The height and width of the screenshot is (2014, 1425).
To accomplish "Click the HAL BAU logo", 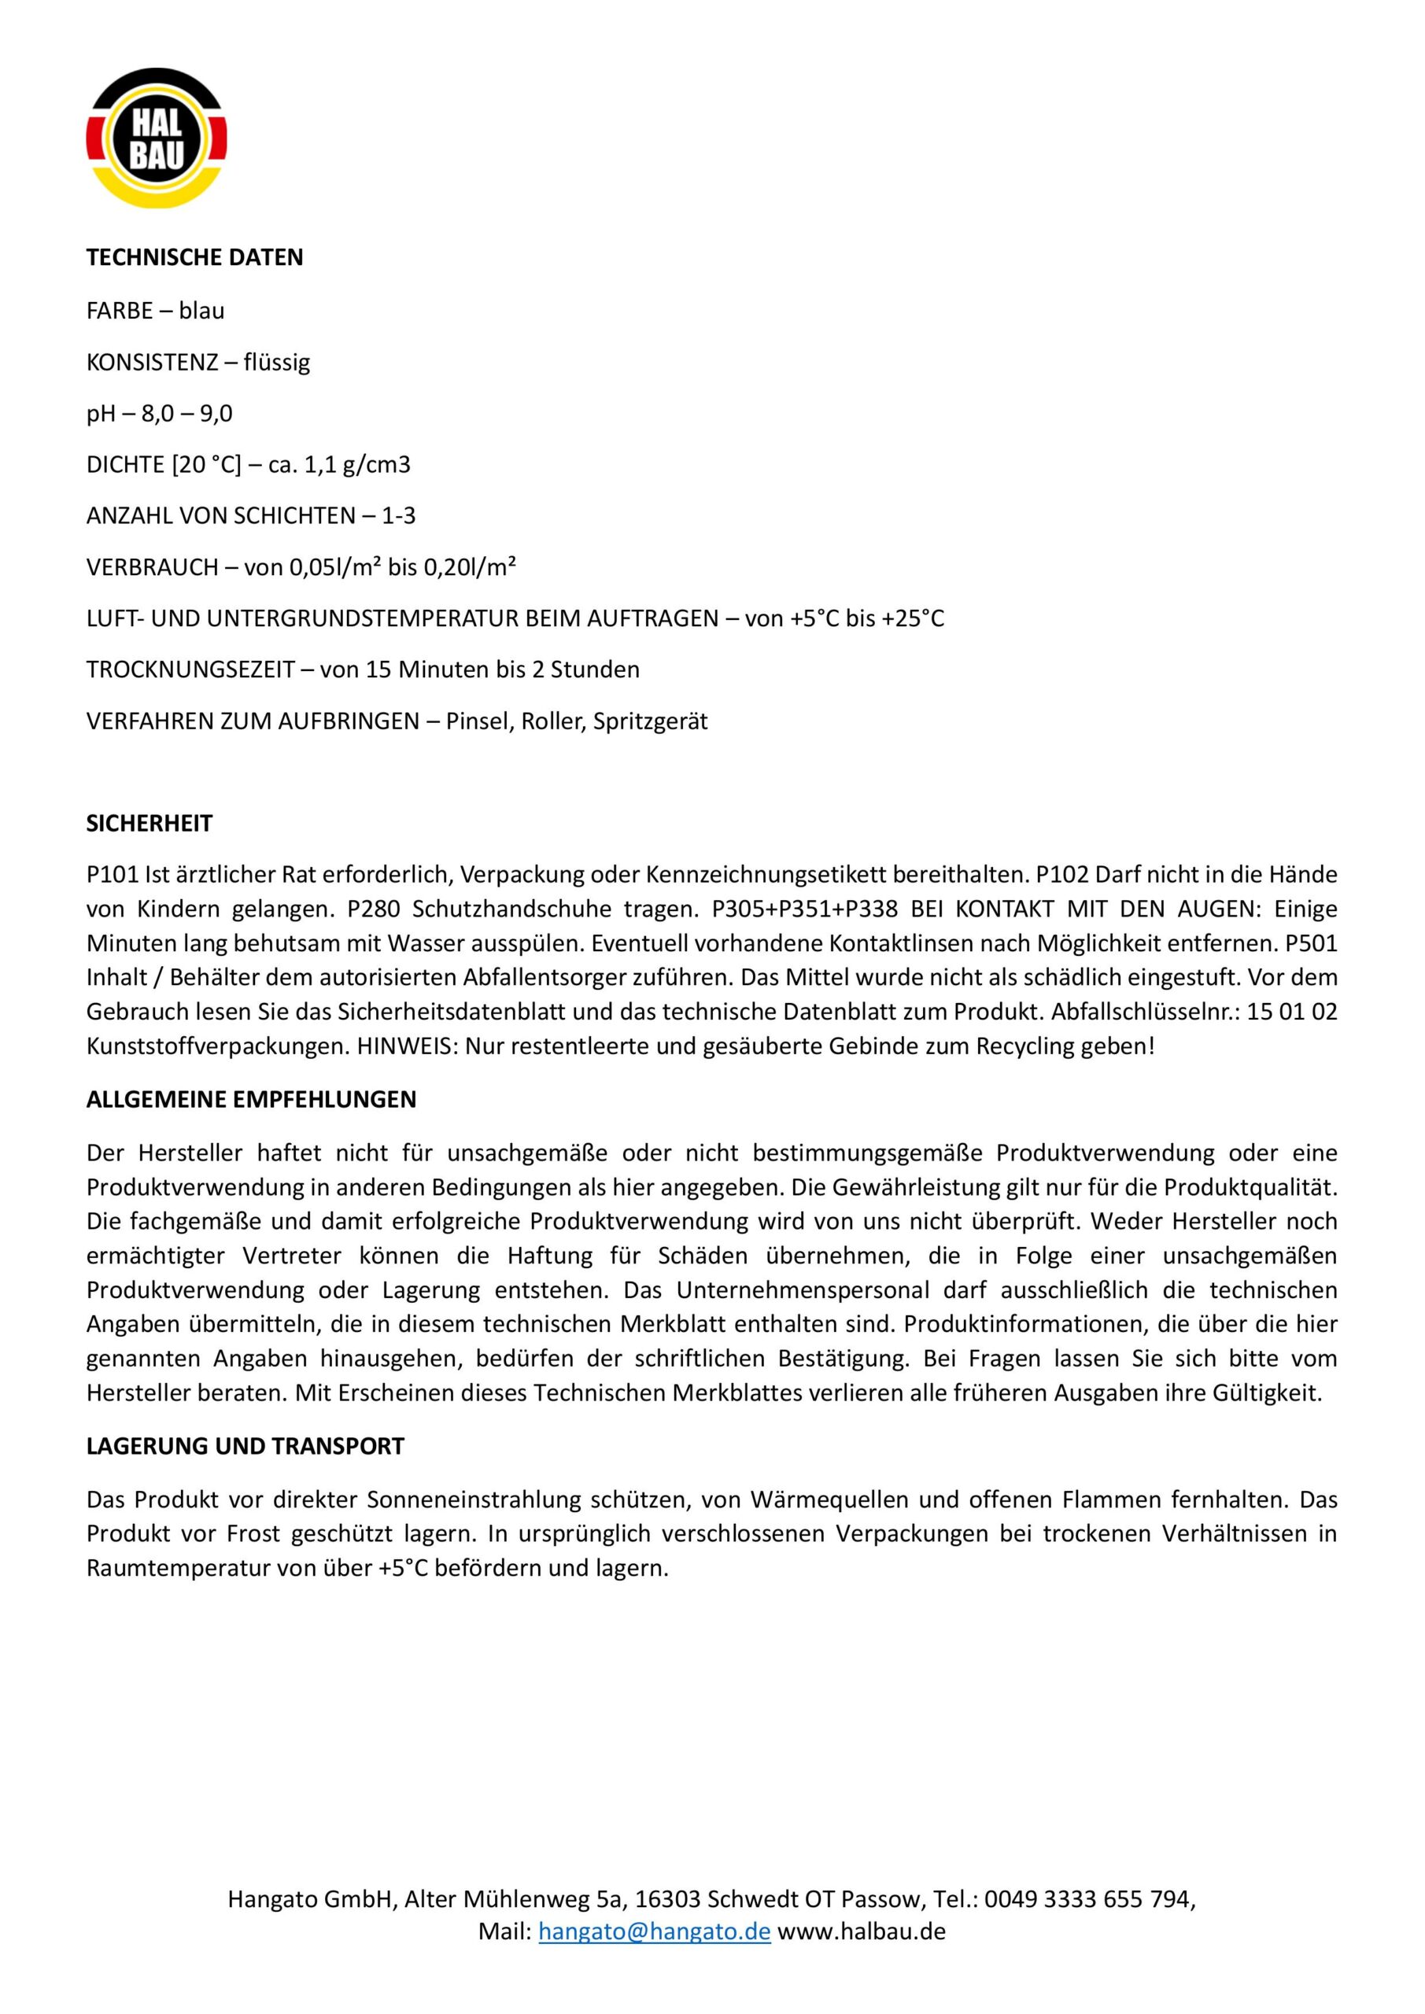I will pos(156,138).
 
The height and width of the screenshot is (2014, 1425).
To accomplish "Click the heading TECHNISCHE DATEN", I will pos(195,258).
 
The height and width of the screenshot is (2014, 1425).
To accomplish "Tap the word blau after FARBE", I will pos(201,311).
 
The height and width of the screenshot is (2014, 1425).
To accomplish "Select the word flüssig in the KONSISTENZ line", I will pos(277,362).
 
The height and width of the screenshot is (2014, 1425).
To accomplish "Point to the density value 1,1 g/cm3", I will pos(357,465).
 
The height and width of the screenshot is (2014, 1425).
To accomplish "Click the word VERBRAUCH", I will pos(152,567).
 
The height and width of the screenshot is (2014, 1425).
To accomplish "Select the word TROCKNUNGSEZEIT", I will pos(190,670).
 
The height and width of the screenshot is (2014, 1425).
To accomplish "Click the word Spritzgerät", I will pos(650,722).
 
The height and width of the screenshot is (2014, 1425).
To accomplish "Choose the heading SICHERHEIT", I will pos(150,824).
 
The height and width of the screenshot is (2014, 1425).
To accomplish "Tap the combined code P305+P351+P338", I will pos(805,909).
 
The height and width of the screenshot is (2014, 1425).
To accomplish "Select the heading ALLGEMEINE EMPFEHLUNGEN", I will pos(251,1100).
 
